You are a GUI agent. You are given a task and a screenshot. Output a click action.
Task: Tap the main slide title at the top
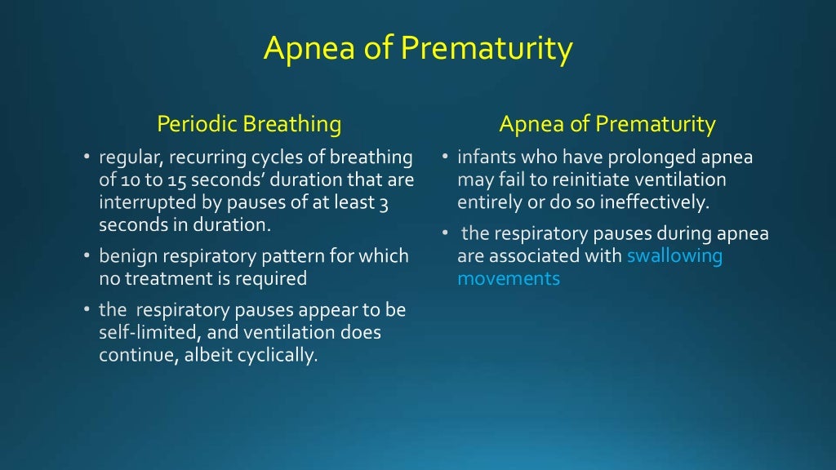[418, 49]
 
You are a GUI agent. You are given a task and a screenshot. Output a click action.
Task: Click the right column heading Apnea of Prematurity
[607, 125]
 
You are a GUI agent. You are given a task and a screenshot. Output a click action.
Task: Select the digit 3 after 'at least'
[383, 202]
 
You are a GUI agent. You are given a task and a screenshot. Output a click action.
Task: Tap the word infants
[485, 157]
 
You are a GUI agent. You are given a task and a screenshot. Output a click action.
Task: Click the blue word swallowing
[674, 256]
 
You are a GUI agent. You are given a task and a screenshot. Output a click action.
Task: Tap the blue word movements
[509, 278]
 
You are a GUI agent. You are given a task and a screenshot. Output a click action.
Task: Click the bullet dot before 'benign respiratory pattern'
[86, 256]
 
